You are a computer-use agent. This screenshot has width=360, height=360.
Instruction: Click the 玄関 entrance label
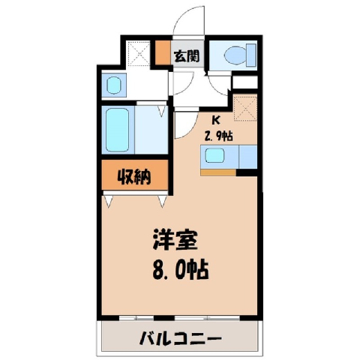point(187,56)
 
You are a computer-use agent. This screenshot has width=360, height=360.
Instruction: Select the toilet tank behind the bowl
point(251,55)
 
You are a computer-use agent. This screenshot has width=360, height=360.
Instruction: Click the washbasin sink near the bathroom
point(114,85)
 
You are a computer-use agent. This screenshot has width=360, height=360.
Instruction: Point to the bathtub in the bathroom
point(118,130)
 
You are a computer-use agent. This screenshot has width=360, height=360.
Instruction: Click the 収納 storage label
point(134,177)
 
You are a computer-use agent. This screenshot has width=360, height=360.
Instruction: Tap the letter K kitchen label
point(215,121)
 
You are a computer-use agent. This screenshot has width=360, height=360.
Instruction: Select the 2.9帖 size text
point(218,136)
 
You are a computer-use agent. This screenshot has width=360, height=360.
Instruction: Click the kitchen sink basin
point(214,155)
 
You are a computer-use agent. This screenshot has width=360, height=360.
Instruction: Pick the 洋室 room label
point(175,239)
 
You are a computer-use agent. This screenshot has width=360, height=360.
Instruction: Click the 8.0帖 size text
point(181,270)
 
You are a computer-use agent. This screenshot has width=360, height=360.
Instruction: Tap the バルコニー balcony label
point(181,338)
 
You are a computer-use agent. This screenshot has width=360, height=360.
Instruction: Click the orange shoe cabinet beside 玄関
point(163,52)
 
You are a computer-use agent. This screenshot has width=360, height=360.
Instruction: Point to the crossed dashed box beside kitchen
point(245,108)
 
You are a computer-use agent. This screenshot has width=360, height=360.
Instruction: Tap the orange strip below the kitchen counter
point(218,172)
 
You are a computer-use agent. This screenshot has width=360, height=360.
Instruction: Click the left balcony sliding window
point(136,318)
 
